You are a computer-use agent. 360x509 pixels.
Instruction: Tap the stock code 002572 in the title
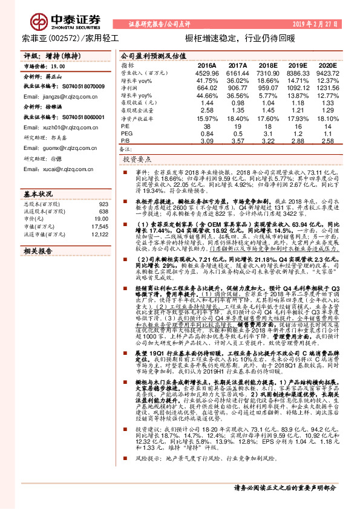[59, 37]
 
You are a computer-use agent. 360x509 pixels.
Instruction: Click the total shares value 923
[102, 204]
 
